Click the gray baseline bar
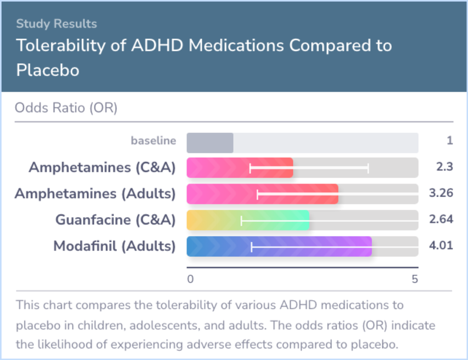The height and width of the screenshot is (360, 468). (x=210, y=143)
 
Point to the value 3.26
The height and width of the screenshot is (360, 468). (x=441, y=193)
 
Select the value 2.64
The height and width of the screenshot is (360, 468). (x=441, y=219)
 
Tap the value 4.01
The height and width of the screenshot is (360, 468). (x=441, y=246)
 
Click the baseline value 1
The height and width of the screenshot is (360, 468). (x=450, y=141)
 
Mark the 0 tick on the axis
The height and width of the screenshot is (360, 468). (x=190, y=279)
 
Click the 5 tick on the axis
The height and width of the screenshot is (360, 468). (x=415, y=279)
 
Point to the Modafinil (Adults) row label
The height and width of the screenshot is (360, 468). (x=114, y=246)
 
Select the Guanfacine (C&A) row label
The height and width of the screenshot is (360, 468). (x=115, y=220)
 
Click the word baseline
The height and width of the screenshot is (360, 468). (x=154, y=141)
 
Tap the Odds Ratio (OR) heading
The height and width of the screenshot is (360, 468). (x=66, y=108)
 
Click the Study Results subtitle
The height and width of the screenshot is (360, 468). (x=56, y=23)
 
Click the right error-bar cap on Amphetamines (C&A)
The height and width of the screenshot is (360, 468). (x=368, y=168)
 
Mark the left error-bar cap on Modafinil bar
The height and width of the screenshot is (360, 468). (x=252, y=246)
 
